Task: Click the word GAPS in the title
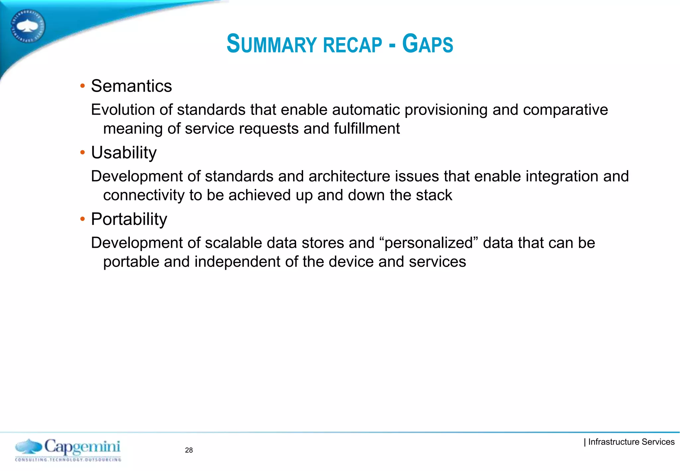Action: click(428, 44)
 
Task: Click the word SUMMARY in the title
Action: click(272, 44)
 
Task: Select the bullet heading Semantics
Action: click(131, 86)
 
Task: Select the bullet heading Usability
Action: click(124, 153)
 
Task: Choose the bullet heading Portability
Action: click(129, 219)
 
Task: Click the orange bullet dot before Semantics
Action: click(83, 86)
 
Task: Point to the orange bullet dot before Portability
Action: click(83, 219)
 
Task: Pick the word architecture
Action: click(349, 176)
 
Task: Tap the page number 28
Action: click(189, 450)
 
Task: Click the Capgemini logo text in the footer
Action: click(82, 447)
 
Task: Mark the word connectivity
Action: click(144, 195)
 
